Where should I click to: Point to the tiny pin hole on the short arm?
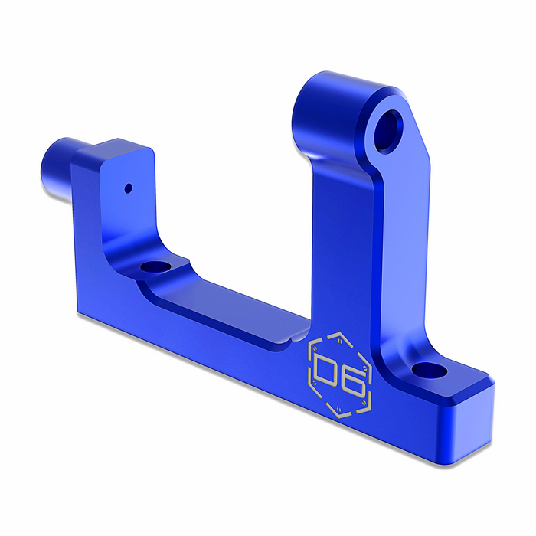[129, 186]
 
